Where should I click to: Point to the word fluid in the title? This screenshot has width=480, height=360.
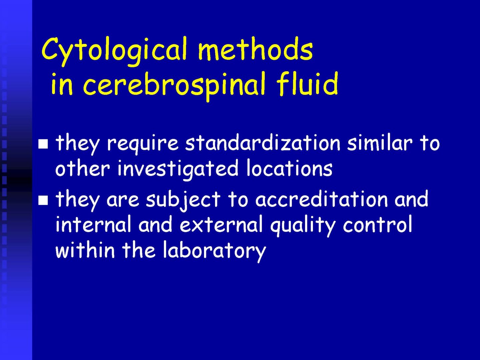pyautogui.click(x=307, y=83)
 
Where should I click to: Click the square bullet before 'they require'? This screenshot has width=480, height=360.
pyautogui.click(x=43, y=144)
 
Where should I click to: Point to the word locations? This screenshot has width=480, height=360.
pyautogui.click(x=289, y=168)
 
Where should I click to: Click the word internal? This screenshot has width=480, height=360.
pyautogui.click(x=93, y=224)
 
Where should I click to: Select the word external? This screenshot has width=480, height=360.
pyautogui.click(x=221, y=224)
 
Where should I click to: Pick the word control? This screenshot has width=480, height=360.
pyautogui.click(x=377, y=224)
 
